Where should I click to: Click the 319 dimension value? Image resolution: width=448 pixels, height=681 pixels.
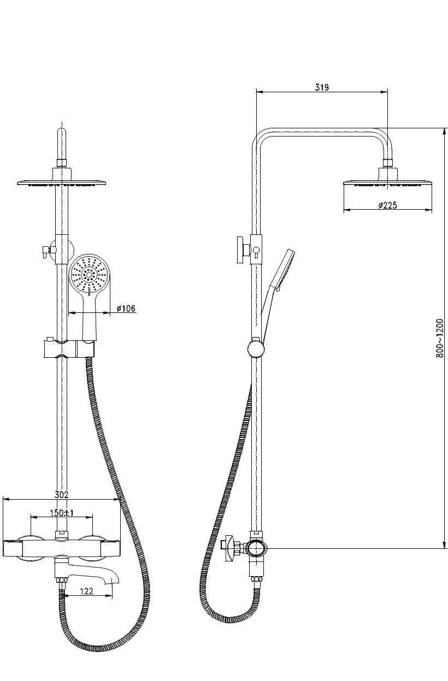(x=321, y=87)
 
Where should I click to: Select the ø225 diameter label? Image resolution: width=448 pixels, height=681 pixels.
(x=388, y=205)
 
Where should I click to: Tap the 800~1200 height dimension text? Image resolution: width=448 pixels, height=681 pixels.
(x=439, y=338)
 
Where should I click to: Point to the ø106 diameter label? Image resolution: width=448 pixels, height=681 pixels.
(x=126, y=308)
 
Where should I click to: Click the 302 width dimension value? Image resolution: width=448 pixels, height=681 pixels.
(x=61, y=495)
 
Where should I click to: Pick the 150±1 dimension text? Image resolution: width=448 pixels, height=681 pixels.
(x=62, y=513)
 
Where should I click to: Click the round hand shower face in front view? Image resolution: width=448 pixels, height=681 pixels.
(x=90, y=275)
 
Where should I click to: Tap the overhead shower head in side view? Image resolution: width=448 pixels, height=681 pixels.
(x=388, y=182)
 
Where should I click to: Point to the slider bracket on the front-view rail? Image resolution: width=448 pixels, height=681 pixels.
(x=69, y=349)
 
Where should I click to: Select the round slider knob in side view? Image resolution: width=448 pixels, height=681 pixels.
(x=256, y=349)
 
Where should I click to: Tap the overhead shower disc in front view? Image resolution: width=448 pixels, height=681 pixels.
(x=62, y=183)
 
